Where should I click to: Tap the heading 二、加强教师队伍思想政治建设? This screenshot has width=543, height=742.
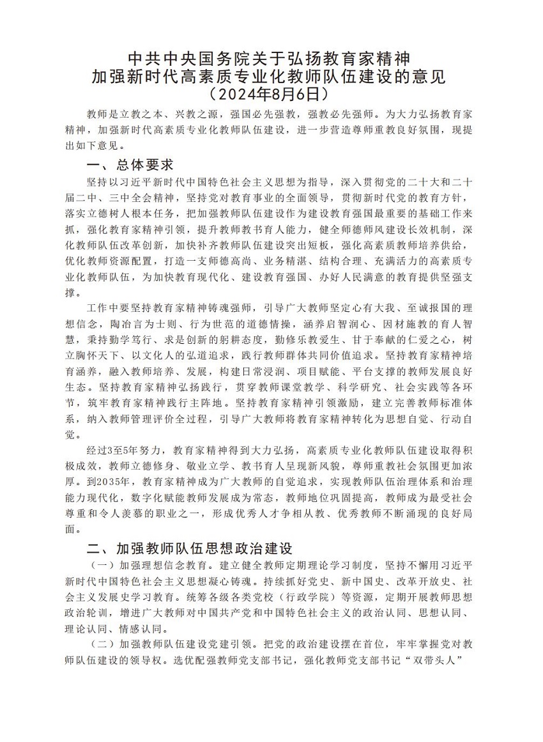coord(190,548)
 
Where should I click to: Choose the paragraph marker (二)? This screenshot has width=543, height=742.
coord(100,643)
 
